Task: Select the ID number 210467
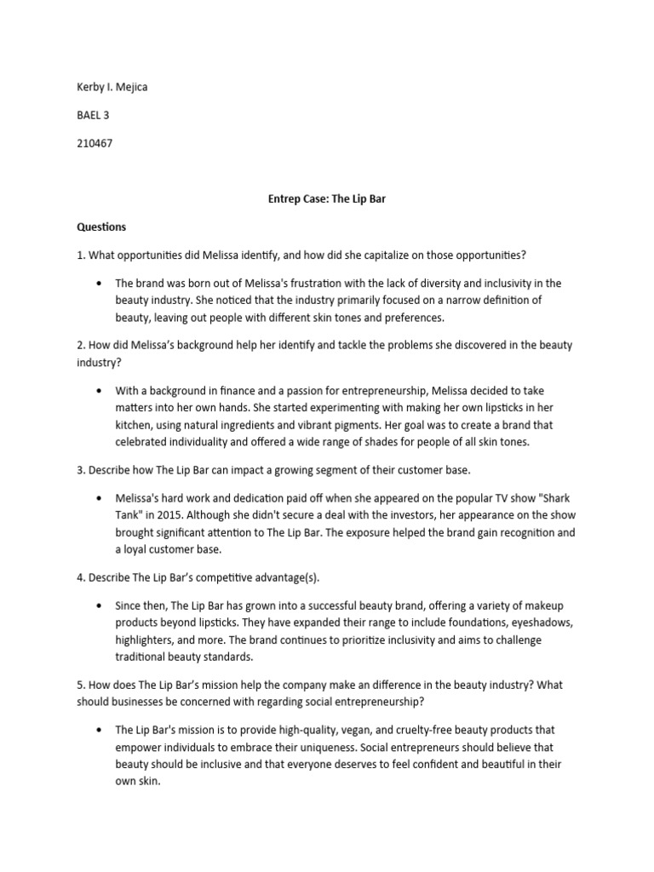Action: (95, 143)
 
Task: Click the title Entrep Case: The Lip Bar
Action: (326, 198)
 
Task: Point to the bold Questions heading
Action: (101, 227)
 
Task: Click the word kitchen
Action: (141, 425)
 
